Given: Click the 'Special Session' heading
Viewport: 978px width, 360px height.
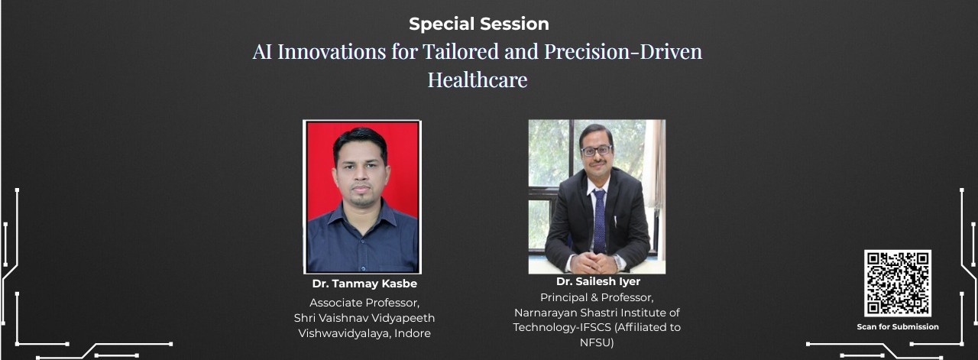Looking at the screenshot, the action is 479,24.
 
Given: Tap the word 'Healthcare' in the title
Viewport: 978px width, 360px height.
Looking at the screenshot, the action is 478,79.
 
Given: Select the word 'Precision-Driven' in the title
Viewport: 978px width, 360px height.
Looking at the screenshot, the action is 623,51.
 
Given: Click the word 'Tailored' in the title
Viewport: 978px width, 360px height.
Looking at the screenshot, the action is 460,51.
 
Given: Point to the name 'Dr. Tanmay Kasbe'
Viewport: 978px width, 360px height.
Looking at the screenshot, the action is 364,284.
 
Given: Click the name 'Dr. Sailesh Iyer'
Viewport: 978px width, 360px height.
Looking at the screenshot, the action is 598,281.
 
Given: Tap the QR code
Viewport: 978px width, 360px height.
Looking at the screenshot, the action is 898,283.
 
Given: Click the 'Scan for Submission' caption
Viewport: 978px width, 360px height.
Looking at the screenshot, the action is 898,327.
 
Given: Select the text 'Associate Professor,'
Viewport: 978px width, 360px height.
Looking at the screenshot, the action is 364,303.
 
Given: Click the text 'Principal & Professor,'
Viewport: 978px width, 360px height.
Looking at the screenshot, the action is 597,297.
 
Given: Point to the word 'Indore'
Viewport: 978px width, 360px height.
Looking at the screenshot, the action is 413,333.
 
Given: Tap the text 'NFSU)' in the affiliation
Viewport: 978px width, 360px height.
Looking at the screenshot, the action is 597,342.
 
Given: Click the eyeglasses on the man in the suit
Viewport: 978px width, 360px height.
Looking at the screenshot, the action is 596,151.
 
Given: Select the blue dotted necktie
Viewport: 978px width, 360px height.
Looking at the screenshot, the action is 599,221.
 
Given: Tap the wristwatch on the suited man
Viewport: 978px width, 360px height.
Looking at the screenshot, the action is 617,261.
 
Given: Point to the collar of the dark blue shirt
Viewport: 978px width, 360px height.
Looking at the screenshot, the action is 362,217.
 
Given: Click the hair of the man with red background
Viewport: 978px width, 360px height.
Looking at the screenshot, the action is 360,141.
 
